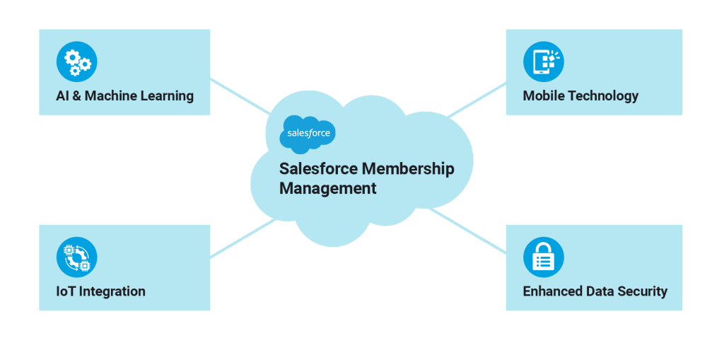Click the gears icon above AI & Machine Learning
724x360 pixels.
pos(76,62)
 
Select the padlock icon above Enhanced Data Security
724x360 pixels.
pos(543,257)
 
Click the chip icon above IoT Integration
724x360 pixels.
pos(76,257)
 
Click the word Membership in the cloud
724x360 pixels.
pos(408,169)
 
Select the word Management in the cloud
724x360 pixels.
pos(327,189)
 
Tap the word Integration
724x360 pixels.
pos(113,291)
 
